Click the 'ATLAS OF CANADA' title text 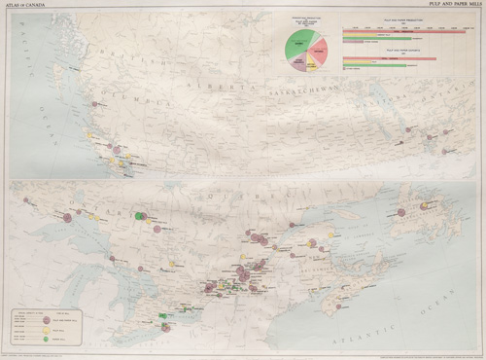tap(24, 5)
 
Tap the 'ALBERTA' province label tap(238, 88)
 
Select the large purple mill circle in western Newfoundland tap(400, 212)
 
